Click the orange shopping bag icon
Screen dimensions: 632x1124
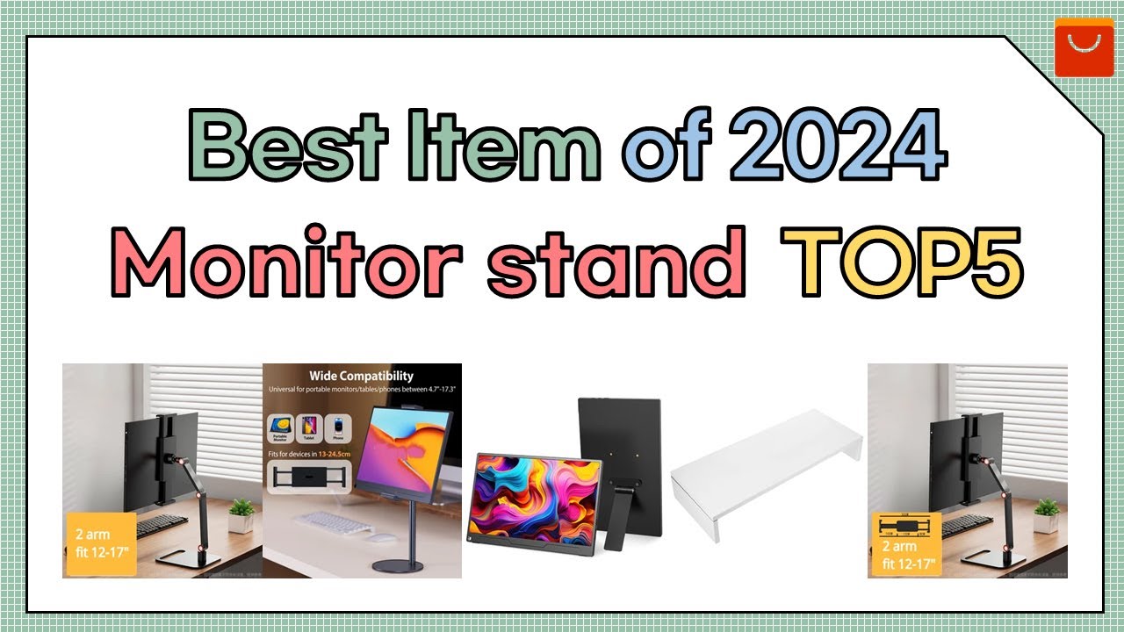tap(1084, 47)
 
